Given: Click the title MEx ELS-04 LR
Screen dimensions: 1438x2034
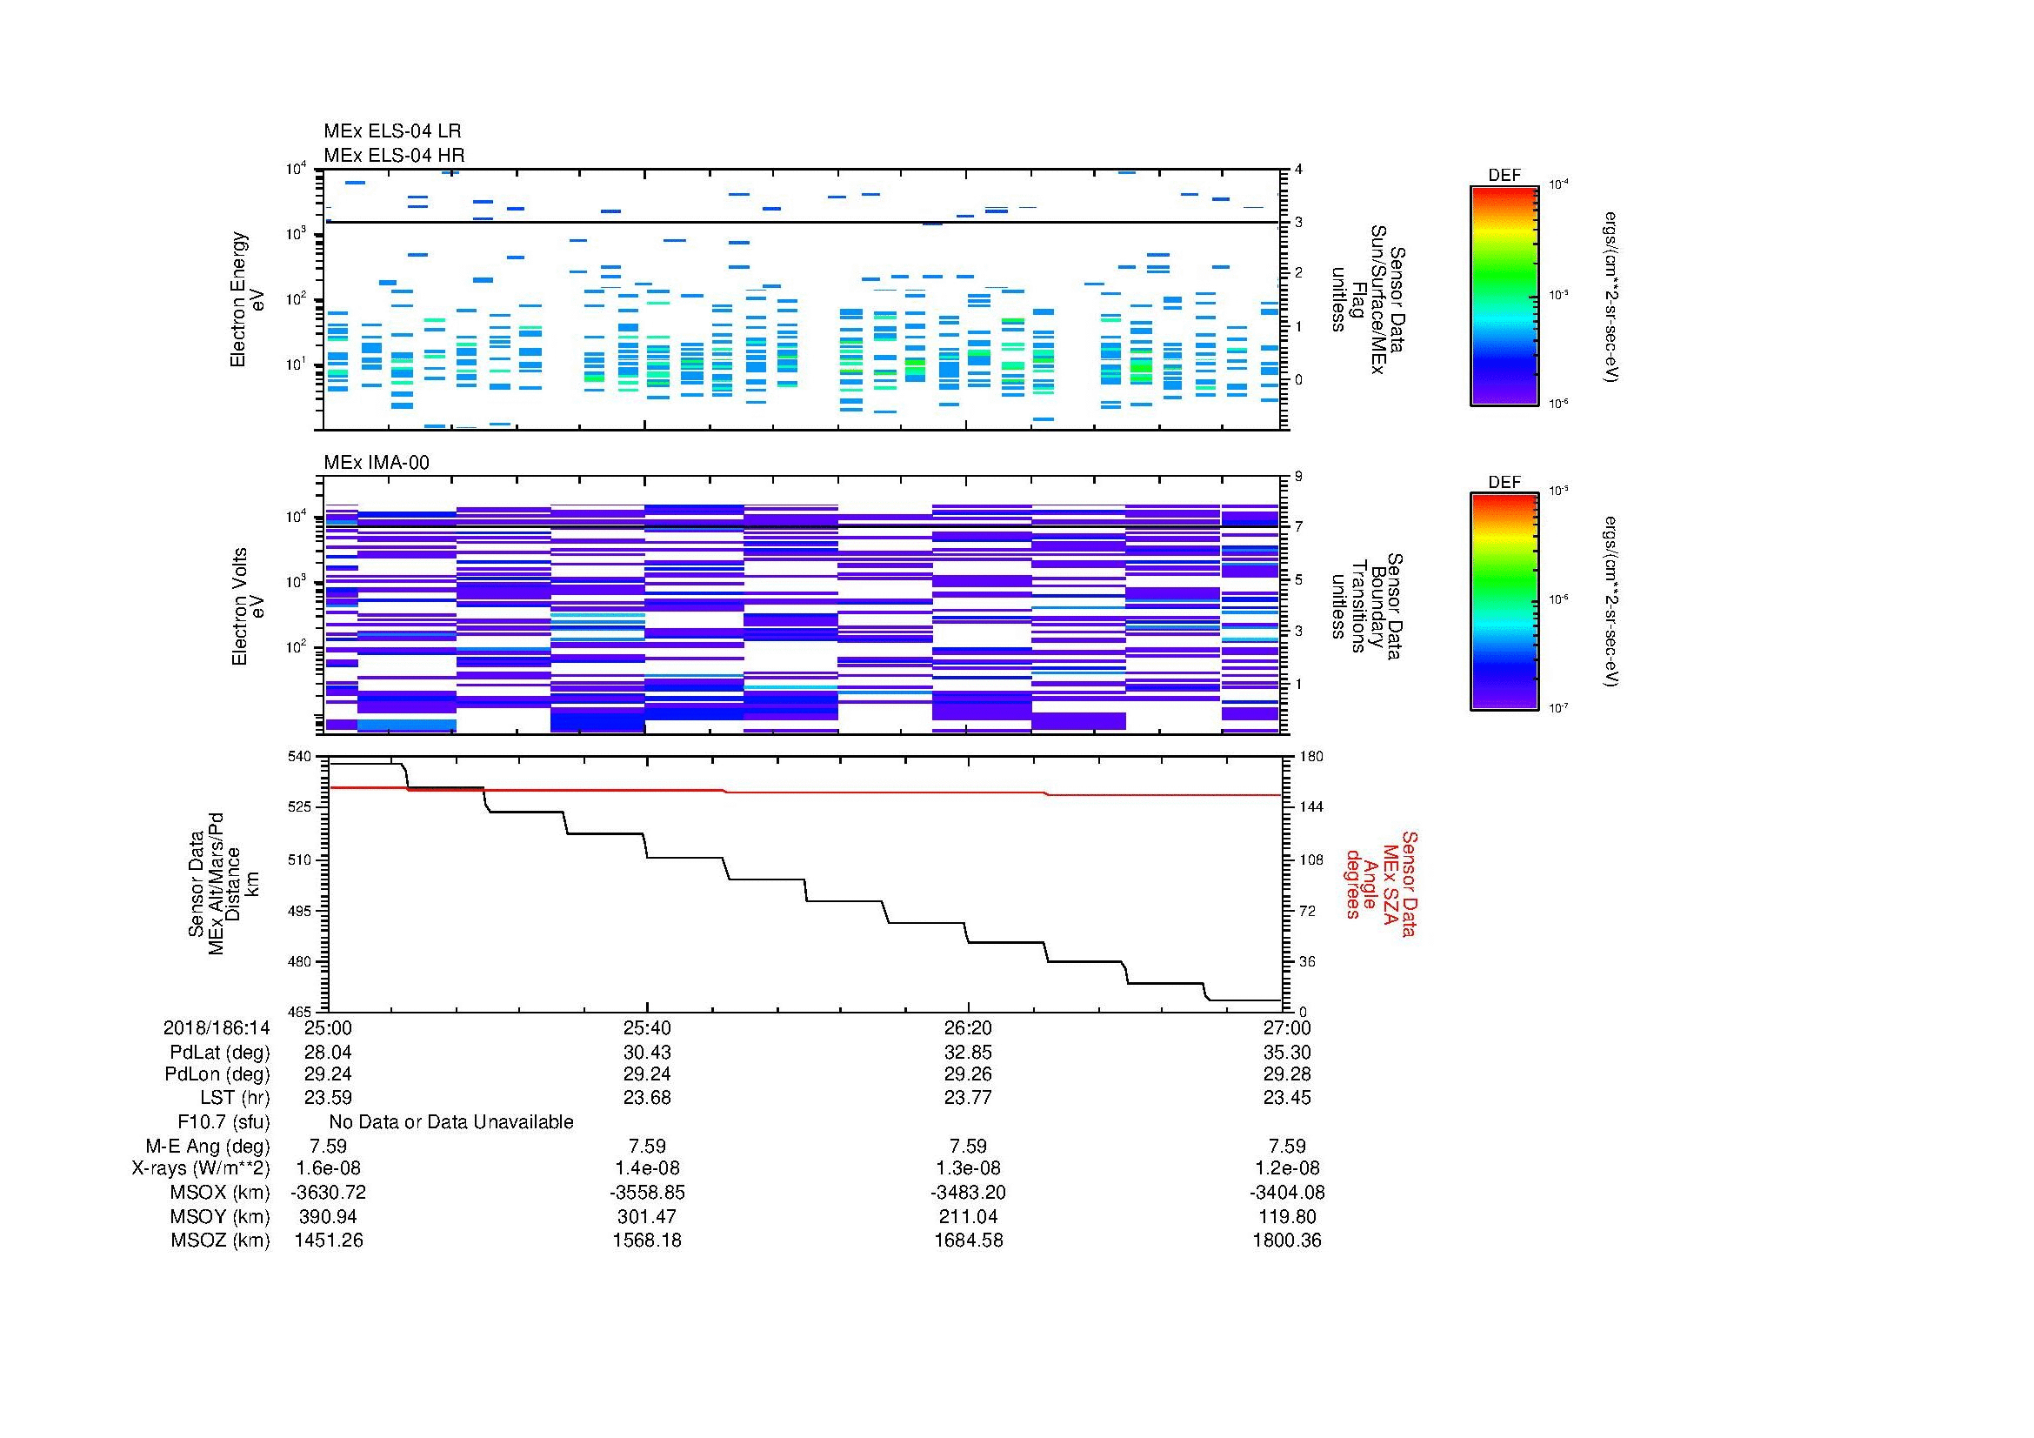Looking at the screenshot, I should (x=392, y=131).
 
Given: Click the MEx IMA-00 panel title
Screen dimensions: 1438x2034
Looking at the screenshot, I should (x=377, y=463).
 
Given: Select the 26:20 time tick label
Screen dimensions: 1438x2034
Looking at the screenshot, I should (x=967, y=1027).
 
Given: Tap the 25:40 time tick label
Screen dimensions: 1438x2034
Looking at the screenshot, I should (x=647, y=1027).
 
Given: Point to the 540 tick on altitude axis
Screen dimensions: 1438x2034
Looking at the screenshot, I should (x=300, y=757).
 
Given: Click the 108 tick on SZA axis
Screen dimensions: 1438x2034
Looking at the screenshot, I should (x=1310, y=860).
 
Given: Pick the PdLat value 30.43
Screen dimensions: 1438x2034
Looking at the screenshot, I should (x=647, y=1053).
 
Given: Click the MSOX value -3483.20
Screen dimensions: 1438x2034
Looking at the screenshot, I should (x=967, y=1193).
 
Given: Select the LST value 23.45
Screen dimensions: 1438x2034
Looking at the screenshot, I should (x=1287, y=1098).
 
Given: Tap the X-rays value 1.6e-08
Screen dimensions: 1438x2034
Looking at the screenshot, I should (x=329, y=1168).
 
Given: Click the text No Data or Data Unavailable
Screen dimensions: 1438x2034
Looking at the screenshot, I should (x=451, y=1122).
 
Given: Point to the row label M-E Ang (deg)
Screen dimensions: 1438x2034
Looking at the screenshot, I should (x=208, y=1146).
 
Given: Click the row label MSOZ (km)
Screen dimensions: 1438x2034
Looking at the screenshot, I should (x=220, y=1241).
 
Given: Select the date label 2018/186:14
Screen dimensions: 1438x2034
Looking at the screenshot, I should (x=217, y=1027).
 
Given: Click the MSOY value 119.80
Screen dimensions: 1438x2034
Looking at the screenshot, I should (x=1287, y=1216).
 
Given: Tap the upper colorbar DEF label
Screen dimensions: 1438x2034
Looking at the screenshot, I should (x=1504, y=176).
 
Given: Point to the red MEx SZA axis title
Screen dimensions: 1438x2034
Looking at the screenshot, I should (x=1380, y=883).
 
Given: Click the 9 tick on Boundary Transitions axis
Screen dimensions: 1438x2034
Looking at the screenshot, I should (x=1298, y=477).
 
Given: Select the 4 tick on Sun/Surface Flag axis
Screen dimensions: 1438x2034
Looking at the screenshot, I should (x=1298, y=170).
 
